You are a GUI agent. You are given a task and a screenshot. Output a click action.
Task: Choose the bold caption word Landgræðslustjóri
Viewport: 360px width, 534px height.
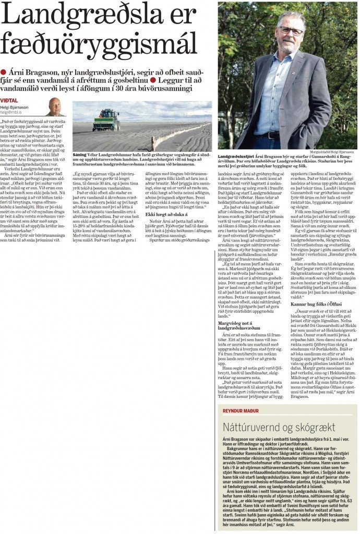[236, 156]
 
